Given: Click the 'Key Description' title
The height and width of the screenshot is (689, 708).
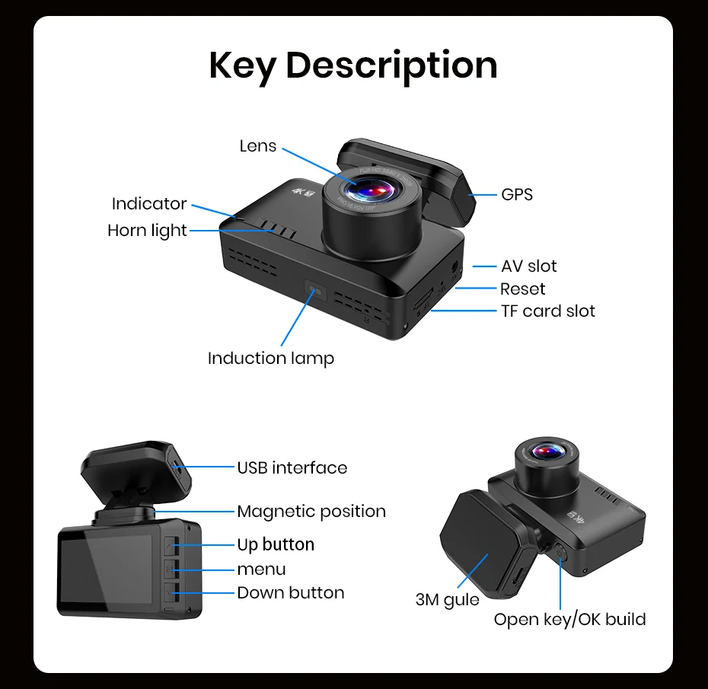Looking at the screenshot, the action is (353, 65).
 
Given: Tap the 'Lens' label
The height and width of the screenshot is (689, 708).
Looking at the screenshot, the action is (258, 145).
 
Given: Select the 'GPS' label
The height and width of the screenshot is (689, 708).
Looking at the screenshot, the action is (517, 194).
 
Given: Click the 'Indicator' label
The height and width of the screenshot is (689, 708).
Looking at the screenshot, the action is (149, 203).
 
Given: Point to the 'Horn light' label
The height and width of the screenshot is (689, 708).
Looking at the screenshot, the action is (147, 230).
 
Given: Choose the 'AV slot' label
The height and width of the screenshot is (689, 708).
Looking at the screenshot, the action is (529, 266).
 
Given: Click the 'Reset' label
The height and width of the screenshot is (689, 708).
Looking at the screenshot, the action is (523, 289).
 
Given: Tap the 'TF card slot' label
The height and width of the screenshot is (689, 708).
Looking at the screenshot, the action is (548, 311).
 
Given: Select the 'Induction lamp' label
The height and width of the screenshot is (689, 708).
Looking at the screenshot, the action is (271, 358).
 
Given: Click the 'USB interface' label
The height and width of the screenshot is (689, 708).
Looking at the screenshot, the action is (292, 467).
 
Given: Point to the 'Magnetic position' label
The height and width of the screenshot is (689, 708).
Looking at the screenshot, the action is (311, 511).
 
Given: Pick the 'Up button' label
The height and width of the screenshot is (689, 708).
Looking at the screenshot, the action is (276, 544).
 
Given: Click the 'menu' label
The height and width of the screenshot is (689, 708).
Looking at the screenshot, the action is (262, 569).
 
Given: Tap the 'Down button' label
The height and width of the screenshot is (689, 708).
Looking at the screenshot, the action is (291, 592).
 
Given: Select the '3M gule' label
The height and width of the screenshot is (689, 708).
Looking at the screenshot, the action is (448, 599).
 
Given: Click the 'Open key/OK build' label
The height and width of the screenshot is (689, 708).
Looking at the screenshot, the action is (569, 619).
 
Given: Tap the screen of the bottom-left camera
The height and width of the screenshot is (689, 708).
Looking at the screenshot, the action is (106, 568).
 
